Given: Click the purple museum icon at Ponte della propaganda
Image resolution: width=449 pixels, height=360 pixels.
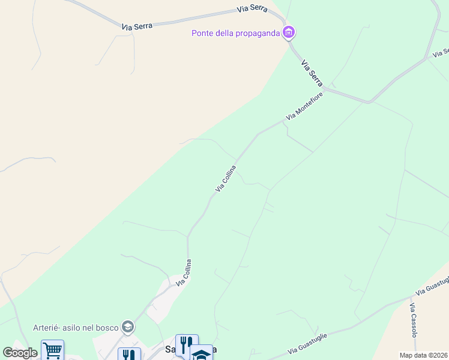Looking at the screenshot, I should point(289,32).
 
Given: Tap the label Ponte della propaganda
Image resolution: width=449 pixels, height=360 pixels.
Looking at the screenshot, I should point(236,33).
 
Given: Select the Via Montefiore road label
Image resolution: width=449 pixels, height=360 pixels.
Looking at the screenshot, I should point(304,106).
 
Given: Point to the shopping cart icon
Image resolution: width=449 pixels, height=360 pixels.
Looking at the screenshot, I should point(52,349).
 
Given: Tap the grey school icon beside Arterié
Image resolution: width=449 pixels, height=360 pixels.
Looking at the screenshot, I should point(127,327).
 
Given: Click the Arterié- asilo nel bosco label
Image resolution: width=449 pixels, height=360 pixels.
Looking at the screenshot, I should point(76,327).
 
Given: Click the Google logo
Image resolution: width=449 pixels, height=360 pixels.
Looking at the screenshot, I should point(20,353).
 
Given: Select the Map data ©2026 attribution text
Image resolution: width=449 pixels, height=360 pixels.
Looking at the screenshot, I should point(424,355).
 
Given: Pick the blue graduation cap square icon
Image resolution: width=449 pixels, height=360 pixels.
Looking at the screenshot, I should point(202,353).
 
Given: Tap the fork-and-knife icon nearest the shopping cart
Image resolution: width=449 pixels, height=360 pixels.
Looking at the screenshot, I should point(128,354).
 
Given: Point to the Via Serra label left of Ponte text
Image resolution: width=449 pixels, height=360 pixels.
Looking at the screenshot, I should point(137,26).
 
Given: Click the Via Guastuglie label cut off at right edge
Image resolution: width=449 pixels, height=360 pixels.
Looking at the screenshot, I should point(432,286).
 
